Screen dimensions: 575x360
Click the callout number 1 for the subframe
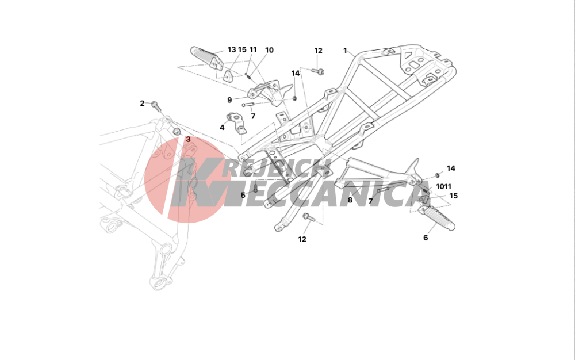[x=345, y=51]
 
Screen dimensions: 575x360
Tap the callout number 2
[x=142, y=104]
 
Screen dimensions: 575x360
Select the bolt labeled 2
[x=155, y=106]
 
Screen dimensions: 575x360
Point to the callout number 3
[x=188, y=139]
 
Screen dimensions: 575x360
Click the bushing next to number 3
[x=177, y=131]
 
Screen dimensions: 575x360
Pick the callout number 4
[x=222, y=128]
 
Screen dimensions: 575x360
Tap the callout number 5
[x=243, y=195]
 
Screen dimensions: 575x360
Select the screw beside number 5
[x=256, y=188]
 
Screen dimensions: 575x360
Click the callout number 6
[x=425, y=238]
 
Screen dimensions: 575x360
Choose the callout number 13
[x=232, y=50]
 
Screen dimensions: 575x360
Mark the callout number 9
[x=229, y=100]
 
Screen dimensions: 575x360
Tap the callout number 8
[x=350, y=200]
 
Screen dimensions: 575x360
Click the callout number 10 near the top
[x=269, y=50]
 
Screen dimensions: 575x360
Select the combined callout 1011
[x=443, y=187]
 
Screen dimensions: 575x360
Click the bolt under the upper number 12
[x=319, y=71]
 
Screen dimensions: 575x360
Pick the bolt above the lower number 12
[x=308, y=217]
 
